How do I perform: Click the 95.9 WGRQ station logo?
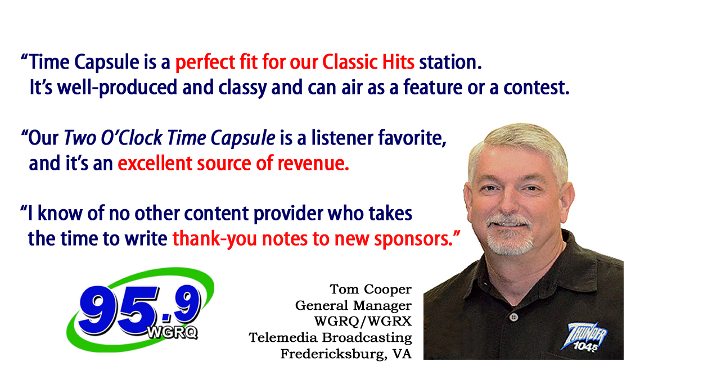[x=140, y=309]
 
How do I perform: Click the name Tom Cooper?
[x=370, y=290]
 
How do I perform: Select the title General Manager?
[x=353, y=306]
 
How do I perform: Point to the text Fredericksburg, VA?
[x=346, y=354]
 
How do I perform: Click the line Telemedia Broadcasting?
[x=330, y=338]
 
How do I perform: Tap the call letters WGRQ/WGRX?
[x=363, y=322]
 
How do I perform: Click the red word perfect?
[x=205, y=62]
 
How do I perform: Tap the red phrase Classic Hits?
[x=368, y=62]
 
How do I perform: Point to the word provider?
[x=288, y=214]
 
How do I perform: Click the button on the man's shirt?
[x=514, y=317]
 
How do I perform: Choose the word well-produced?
[x=117, y=88]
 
